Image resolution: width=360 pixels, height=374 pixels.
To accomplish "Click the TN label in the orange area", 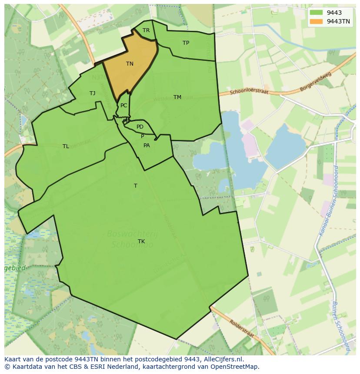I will click(130, 64).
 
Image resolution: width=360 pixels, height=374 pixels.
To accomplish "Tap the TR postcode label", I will click(146, 30).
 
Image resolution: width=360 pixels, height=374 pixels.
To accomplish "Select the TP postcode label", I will click(186, 43).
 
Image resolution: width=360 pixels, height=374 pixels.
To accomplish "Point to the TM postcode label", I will click(177, 97).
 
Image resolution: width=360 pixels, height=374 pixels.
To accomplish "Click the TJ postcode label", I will click(92, 93).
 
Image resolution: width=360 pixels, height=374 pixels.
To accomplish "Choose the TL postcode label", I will click(66, 146).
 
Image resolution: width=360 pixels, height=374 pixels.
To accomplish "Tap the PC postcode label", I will click(124, 106).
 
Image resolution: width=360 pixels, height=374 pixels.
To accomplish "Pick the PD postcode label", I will click(140, 127).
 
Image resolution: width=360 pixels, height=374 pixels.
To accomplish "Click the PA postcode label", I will click(147, 146).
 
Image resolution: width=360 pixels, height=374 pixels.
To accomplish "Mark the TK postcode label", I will click(141, 242).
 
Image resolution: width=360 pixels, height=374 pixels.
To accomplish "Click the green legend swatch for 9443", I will click(317, 13).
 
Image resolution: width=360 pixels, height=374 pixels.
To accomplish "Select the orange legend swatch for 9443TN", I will click(317, 21).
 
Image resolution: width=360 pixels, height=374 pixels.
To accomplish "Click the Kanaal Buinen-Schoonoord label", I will click(328, 201).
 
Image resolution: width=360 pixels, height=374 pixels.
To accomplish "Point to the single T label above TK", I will click(136, 186).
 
